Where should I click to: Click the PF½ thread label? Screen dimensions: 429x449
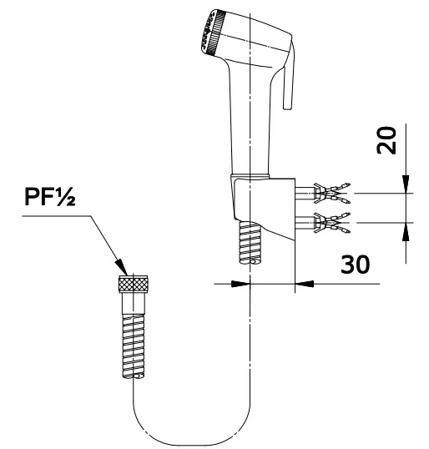[x=50, y=197]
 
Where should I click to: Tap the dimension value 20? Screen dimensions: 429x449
[x=386, y=140]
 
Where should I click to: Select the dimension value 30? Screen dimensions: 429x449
[x=355, y=264]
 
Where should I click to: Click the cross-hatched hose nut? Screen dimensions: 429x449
[x=134, y=284]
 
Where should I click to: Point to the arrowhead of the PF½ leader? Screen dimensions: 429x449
[x=122, y=267]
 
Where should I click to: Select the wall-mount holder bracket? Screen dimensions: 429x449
[x=264, y=208]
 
